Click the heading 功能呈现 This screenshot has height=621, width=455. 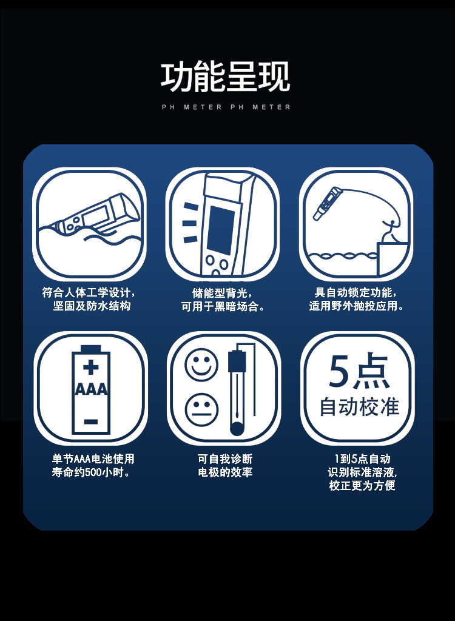point(225,77)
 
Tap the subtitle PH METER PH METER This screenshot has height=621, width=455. point(226,107)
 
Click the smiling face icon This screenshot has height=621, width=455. point(201,364)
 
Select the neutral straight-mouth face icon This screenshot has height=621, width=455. point(201,409)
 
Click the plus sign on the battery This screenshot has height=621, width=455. point(91,367)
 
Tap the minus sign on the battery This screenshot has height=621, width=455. point(91,421)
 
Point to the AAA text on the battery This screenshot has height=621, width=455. point(91,389)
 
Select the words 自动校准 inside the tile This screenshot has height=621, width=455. point(359,407)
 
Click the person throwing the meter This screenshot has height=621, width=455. point(390,231)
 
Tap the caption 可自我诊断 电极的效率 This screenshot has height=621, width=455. point(225,465)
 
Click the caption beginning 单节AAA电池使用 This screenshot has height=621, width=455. point(93,465)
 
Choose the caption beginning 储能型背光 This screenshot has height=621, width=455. point(223,300)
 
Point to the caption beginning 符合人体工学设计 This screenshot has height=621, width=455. point(90,300)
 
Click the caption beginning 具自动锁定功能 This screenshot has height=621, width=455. point(356,300)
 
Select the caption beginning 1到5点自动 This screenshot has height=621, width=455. point(362,472)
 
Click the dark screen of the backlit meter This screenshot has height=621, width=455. point(221,230)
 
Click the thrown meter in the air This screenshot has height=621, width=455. point(327,203)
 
